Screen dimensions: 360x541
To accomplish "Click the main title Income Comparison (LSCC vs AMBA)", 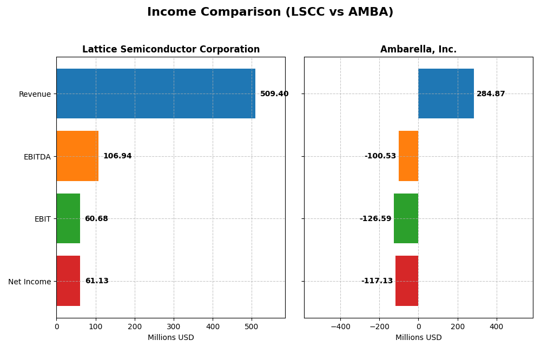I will pos(270,12).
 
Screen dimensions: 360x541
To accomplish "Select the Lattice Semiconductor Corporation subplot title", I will pos(171,49).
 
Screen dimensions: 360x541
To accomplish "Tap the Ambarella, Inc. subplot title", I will pos(418,49).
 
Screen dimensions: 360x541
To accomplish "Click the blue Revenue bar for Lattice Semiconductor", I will pos(156,94).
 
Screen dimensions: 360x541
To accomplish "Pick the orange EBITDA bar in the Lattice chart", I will pos(77,156).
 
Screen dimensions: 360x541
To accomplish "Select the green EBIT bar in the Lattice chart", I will pos(68,218).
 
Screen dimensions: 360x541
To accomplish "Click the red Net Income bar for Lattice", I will pos(68,281).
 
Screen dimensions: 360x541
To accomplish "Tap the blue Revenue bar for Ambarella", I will pos(446,94).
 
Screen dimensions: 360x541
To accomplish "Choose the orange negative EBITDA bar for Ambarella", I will pos(408,156).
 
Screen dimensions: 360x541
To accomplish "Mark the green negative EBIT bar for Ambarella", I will pos(406,218).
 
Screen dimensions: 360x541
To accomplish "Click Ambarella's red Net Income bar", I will pos(407,281).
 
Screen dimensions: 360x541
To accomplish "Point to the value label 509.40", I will pos(274,94).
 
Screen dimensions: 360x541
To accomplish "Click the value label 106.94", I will pos(117,156).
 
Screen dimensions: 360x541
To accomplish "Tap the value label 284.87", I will pos(491,94).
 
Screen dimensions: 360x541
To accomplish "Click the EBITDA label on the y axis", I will pos(37,157).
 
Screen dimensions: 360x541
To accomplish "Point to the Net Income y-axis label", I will pos(29,282).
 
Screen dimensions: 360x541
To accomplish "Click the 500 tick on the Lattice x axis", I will pos(252,326).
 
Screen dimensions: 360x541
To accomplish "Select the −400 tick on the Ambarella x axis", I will pos(340,326).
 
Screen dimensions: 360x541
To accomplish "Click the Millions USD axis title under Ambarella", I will pos(418,337).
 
